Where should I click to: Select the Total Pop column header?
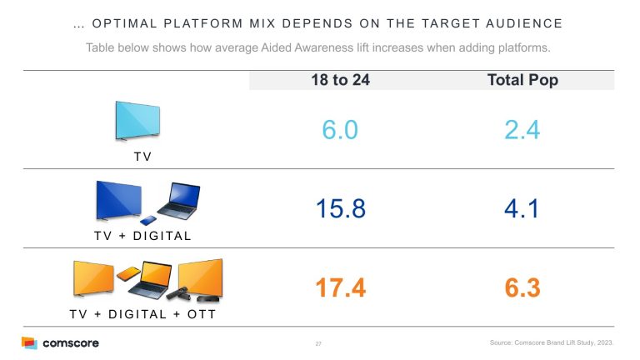point(522,81)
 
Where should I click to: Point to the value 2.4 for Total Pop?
point(522,129)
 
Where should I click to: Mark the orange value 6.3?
point(522,288)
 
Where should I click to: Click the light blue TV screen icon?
point(137,121)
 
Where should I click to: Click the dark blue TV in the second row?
point(118,201)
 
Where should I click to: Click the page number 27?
point(318,343)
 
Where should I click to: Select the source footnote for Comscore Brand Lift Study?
point(552,343)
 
